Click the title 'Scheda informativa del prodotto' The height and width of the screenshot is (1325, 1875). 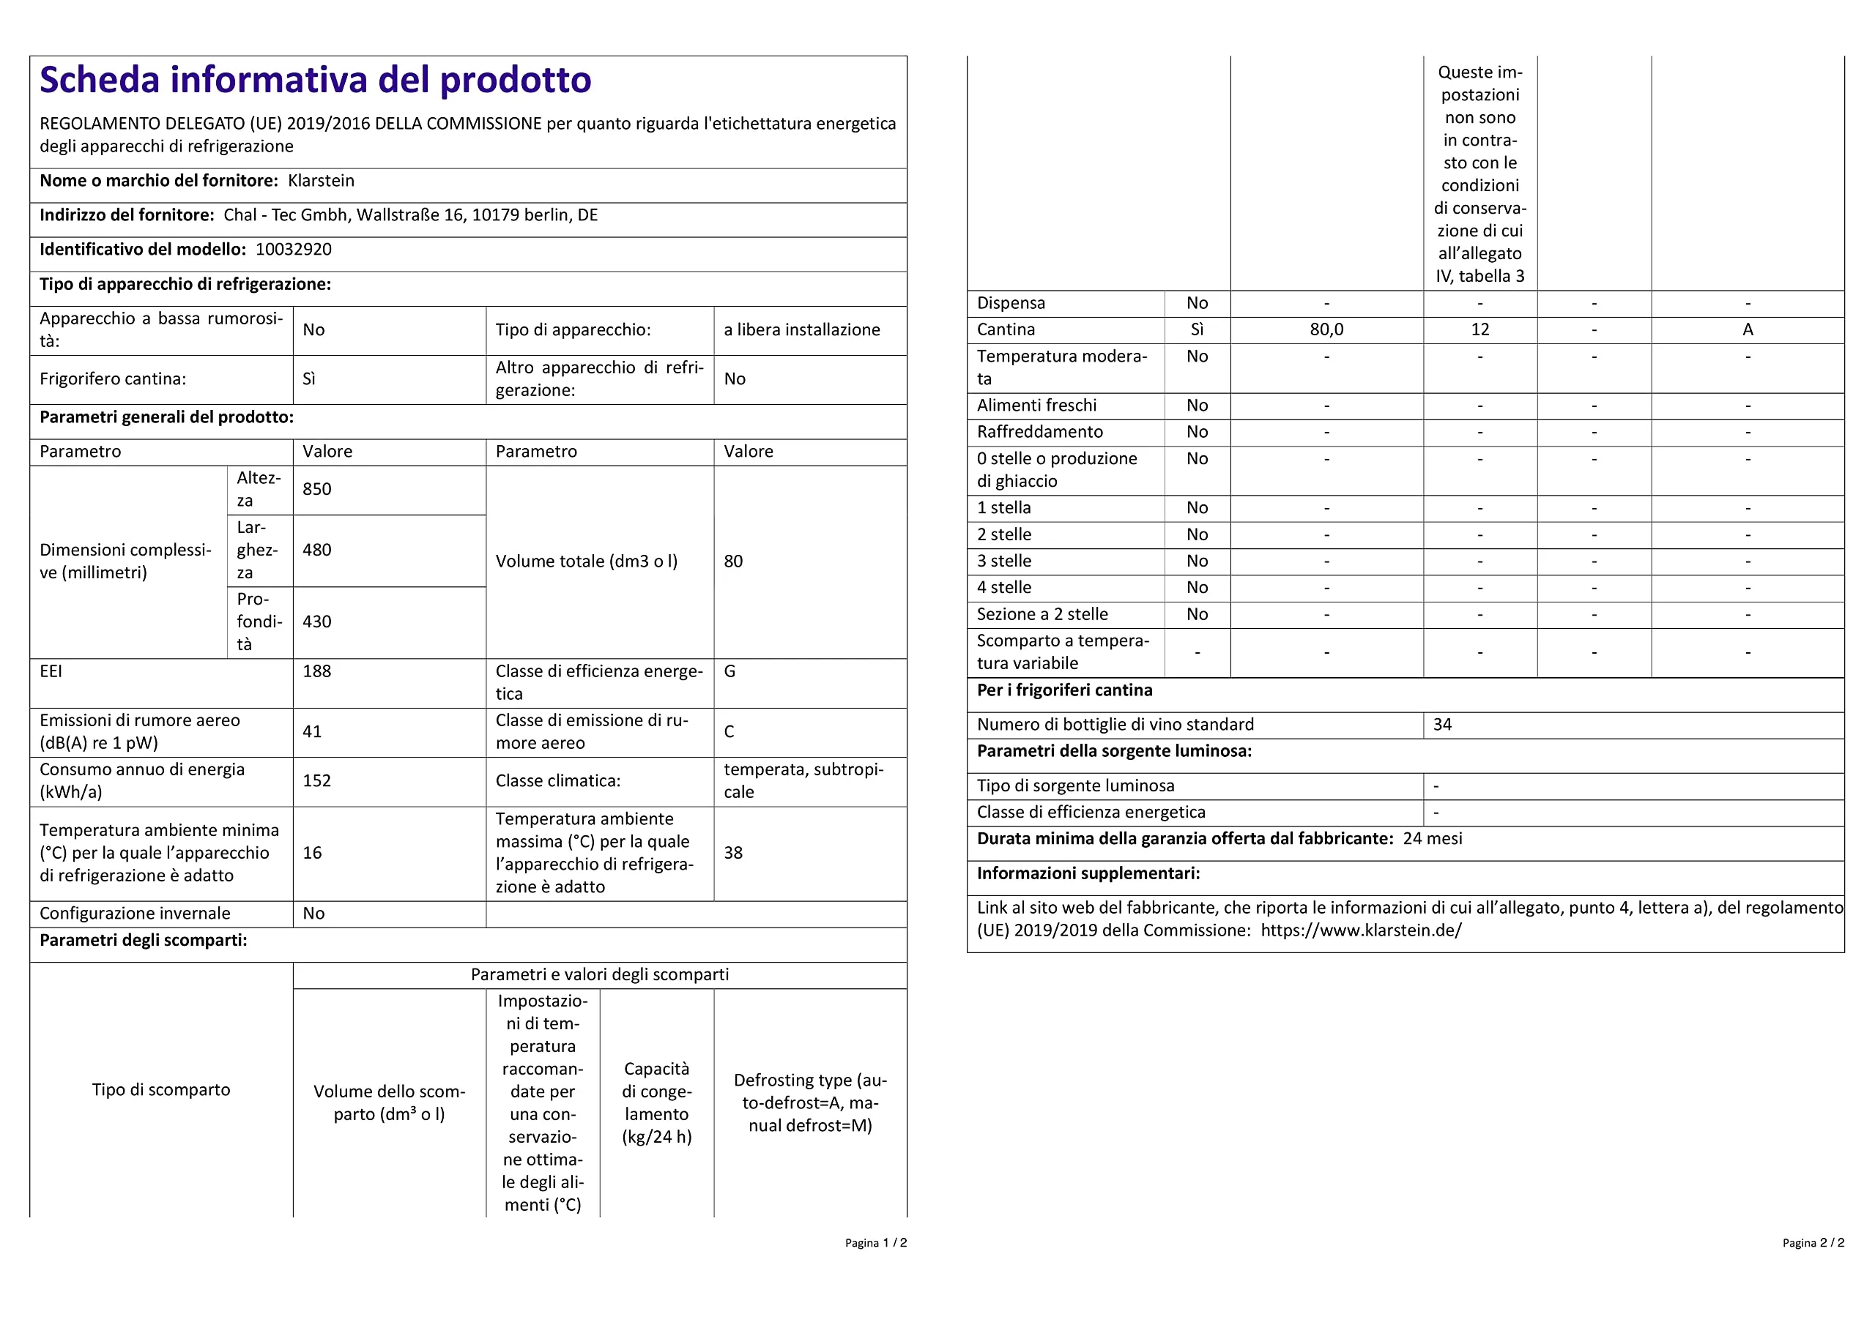(x=315, y=80)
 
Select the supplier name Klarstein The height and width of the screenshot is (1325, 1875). (x=321, y=180)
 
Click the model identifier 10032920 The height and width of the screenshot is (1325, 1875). (x=293, y=249)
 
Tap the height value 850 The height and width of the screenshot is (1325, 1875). (x=317, y=489)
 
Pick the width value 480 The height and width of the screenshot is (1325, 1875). (x=317, y=550)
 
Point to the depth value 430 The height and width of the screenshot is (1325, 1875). (x=317, y=622)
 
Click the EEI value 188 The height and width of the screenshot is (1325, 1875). (x=317, y=671)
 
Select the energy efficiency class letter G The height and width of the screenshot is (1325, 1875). (x=729, y=671)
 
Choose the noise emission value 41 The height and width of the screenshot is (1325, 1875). (x=312, y=731)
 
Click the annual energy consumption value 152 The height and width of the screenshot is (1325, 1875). (x=317, y=780)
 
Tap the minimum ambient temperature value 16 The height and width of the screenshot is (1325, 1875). (x=312, y=852)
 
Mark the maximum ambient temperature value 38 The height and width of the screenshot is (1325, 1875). (x=732, y=852)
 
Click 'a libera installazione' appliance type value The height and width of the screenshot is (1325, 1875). (x=801, y=330)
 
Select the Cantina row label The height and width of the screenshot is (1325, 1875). (x=1006, y=330)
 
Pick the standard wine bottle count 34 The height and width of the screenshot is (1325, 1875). (x=1442, y=724)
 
